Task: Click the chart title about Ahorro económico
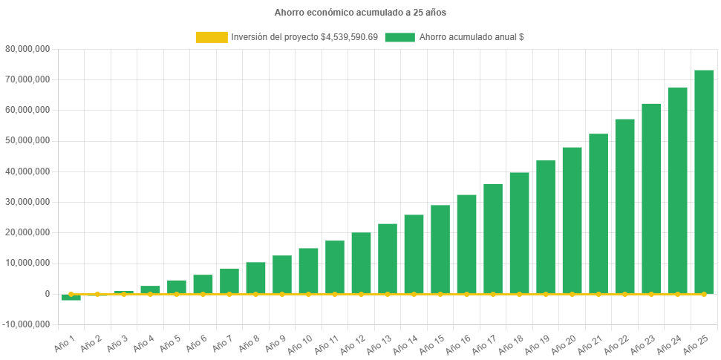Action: [360, 13]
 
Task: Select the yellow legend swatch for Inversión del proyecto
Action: [211, 37]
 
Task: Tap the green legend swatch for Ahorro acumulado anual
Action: [399, 37]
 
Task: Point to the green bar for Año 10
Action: [308, 271]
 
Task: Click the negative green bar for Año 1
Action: [71, 298]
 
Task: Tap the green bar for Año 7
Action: [229, 281]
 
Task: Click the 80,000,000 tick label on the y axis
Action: [27, 49]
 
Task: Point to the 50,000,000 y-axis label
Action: [27, 140]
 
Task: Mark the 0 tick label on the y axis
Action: [47, 294]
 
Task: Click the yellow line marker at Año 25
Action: [704, 294]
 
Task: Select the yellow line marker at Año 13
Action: [388, 294]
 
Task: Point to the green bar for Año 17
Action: [493, 238]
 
